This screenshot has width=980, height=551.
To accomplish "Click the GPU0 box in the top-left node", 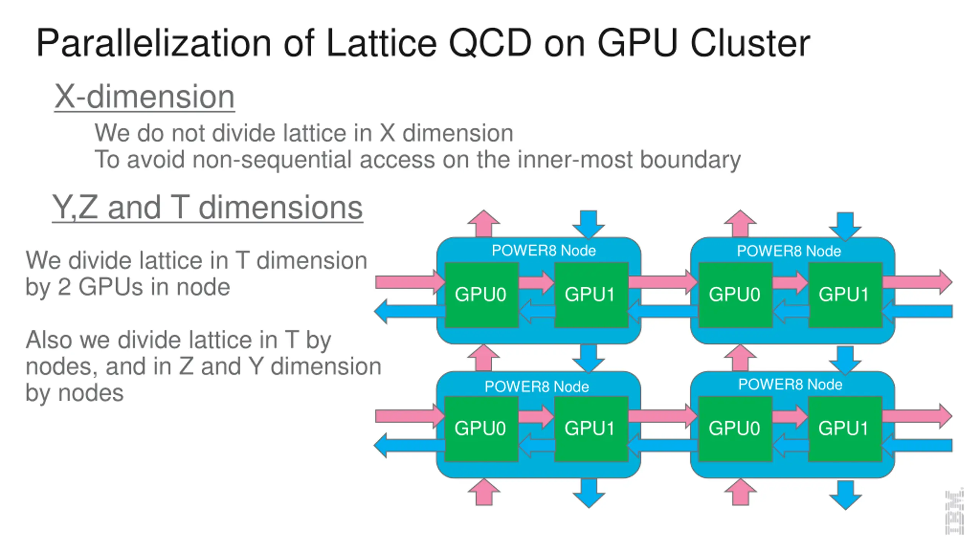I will pyautogui.click(x=481, y=295).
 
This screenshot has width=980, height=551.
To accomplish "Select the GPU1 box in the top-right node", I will pyautogui.click(x=844, y=295).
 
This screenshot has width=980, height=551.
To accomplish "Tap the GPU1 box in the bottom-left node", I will pyautogui.click(x=590, y=429).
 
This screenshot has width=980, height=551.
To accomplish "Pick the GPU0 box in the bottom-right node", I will pyautogui.click(x=734, y=429).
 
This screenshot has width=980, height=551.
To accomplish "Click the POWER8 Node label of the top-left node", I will pyautogui.click(x=544, y=251).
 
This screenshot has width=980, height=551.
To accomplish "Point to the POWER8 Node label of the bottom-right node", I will pyautogui.click(x=790, y=385).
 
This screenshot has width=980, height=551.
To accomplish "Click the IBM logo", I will pyautogui.click(x=954, y=511).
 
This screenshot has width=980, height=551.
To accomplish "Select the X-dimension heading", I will pyautogui.click(x=144, y=96).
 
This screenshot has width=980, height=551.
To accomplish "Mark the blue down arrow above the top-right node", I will pyautogui.click(x=845, y=226).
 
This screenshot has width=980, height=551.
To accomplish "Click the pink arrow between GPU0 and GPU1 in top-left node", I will pyautogui.click(x=536, y=282).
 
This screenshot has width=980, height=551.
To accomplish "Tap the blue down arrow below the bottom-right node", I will pyautogui.click(x=845, y=495).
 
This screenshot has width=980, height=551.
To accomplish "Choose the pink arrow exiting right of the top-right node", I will pyautogui.click(x=917, y=282).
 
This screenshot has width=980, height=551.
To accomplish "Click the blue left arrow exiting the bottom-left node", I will pyautogui.click(x=408, y=445).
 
